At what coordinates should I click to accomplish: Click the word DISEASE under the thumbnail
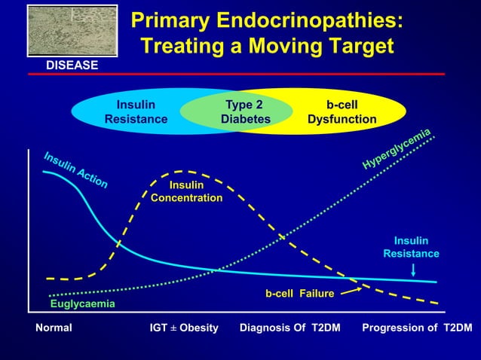72,66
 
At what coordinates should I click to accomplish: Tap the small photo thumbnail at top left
72,31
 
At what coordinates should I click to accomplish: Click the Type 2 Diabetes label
245,112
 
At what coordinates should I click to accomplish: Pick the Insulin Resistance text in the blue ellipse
136,112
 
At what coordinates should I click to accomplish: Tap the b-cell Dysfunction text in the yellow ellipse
342,112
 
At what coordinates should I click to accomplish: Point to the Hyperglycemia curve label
397,148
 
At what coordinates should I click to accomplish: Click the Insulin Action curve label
75,170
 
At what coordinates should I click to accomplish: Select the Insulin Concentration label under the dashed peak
186,191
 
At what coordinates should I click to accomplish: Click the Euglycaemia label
82,304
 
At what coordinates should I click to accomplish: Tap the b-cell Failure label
299,293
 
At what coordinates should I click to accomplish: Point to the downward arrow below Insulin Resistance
414,270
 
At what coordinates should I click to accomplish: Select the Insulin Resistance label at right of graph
411,247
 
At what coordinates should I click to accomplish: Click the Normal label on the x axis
54,328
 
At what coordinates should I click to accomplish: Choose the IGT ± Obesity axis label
185,328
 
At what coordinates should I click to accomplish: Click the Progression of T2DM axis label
417,328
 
